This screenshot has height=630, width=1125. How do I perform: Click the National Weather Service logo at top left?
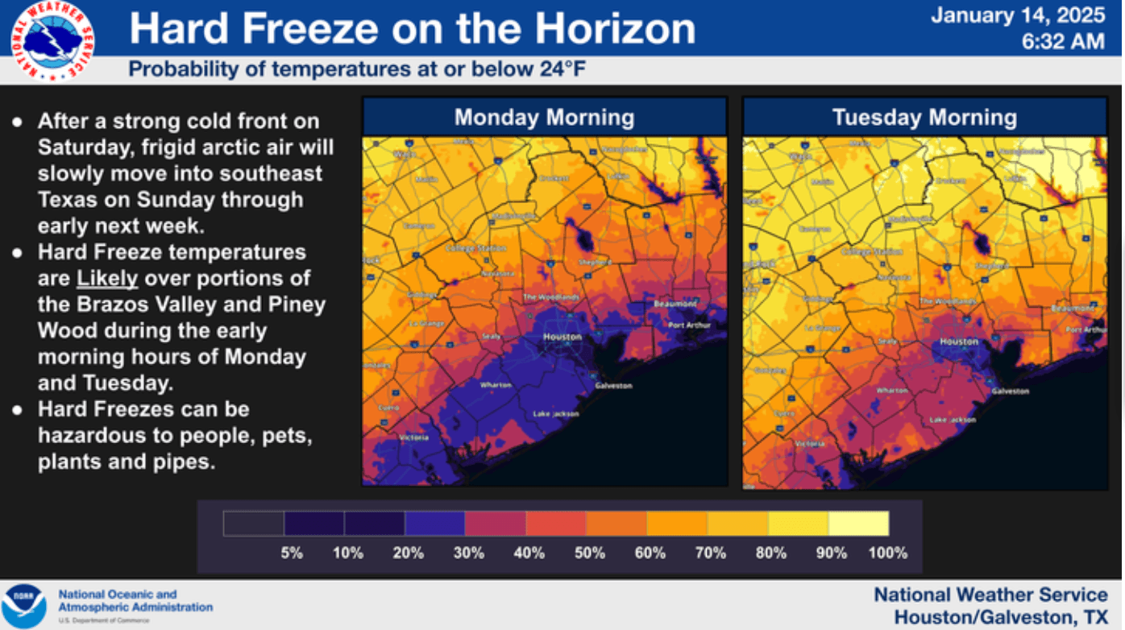(x=52, y=40)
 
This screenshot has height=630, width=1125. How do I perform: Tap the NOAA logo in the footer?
(x=23, y=607)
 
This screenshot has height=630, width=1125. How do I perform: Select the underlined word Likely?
(x=108, y=279)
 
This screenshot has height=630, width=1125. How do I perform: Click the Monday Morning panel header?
(x=544, y=118)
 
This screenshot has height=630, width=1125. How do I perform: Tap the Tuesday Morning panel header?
(x=924, y=118)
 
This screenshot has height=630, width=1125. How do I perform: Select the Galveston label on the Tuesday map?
(x=1010, y=391)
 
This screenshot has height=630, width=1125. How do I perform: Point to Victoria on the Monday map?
(x=413, y=437)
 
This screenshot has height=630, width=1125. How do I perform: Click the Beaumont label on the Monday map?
(x=675, y=304)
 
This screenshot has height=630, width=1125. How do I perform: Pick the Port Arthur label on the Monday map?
(x=688, y=325)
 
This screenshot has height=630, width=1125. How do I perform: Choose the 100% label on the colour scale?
(x=889, y=553)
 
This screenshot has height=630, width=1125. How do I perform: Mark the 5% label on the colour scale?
(x=291, y=553)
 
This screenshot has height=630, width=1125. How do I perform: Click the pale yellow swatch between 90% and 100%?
(x=858, y=524)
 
